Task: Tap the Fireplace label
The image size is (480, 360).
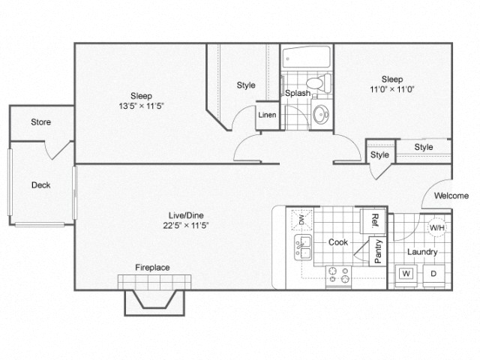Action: click(x=151, y=267)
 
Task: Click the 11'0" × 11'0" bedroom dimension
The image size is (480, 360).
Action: click(x=391, y=89)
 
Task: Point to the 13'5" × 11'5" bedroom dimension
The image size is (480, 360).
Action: click(x=142, y=106)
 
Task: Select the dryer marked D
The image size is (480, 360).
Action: click(x=433, y=273)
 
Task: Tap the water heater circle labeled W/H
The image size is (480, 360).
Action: click(x=436, y=228)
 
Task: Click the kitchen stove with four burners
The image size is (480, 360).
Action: click(x=339, y=276)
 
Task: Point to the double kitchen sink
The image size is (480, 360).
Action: click(x=303, y=247)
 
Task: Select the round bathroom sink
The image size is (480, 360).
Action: click(x=321, y=115)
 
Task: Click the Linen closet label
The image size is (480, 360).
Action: click(x=266, y=115)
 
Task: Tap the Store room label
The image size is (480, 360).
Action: click(x=40, y=121)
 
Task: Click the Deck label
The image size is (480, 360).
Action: click(x=40, y=185)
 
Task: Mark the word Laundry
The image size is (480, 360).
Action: click(x=422, y=252)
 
